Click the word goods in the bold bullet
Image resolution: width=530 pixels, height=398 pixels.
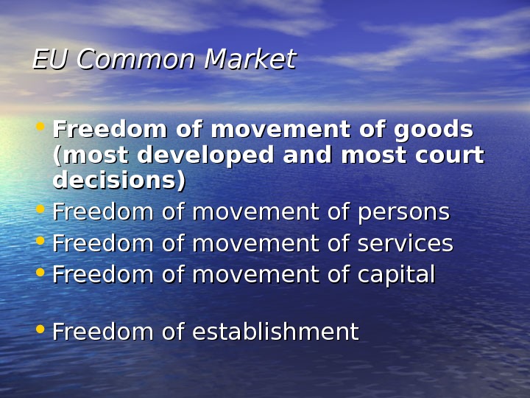[434, 130]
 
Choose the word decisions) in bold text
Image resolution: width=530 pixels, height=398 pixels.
[119, 181]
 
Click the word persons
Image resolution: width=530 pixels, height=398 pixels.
[403, 212]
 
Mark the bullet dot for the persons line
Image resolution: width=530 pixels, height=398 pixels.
[41, 210]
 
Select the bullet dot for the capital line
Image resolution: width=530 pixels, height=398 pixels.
[41, 273]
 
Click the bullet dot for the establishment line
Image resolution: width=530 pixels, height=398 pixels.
[41, 330]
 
